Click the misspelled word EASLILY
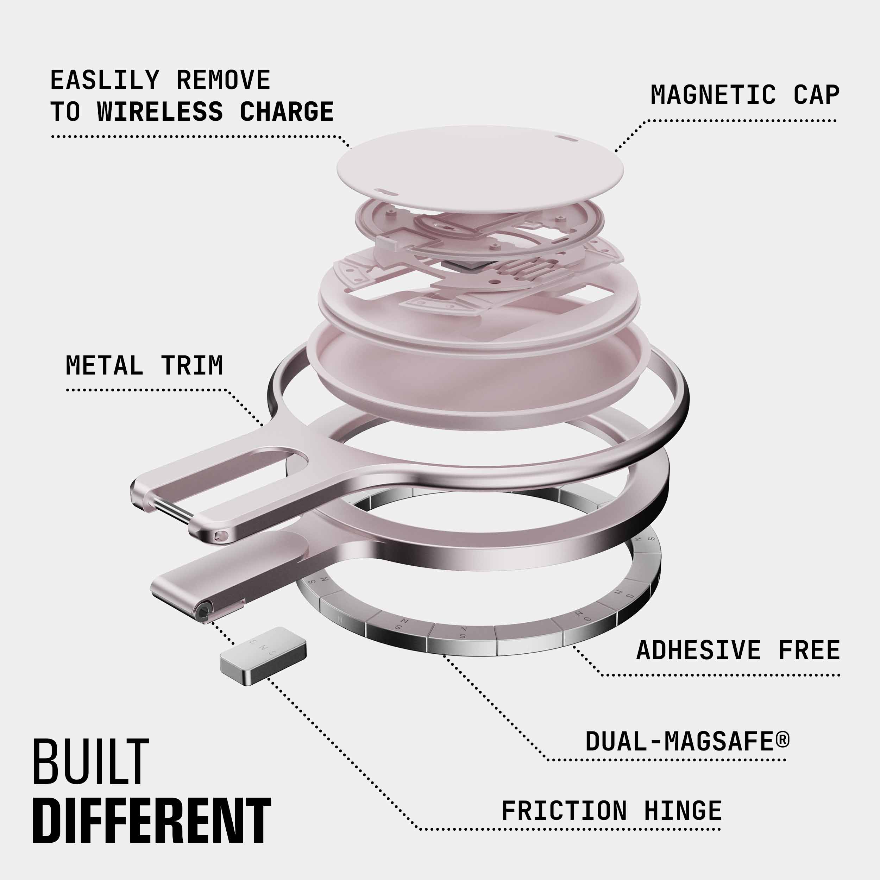click(x=105, y=80)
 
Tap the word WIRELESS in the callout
click(x=160, y=112)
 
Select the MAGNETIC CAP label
click(x=745, y=95)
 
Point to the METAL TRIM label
click(x=144, y=365)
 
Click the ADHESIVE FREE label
click(x=738, y=650)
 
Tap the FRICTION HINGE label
click(x=611, y=811)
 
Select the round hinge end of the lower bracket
click(x=203, y=609)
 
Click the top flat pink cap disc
click(x=480, y=169)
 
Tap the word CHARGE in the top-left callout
click(x=287, y=112)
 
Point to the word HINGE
click(x=683, y=811)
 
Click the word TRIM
click(x=192, y=365)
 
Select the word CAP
click(x=816, y=95)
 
